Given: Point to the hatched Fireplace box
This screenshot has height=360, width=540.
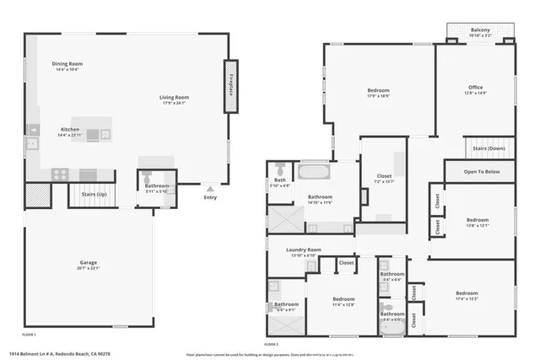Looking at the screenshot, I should pos(231,86).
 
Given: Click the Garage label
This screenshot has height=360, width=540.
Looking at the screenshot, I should pos(88,263).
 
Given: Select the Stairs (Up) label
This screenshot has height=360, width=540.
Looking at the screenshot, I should pos(93,194).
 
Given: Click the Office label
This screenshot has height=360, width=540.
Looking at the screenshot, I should pos(476,88).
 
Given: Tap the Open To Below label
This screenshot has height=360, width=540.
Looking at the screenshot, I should pos(482,171).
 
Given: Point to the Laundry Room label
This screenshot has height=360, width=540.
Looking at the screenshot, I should pos(303,250).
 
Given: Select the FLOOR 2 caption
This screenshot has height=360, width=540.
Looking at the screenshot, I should pos(272,344).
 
